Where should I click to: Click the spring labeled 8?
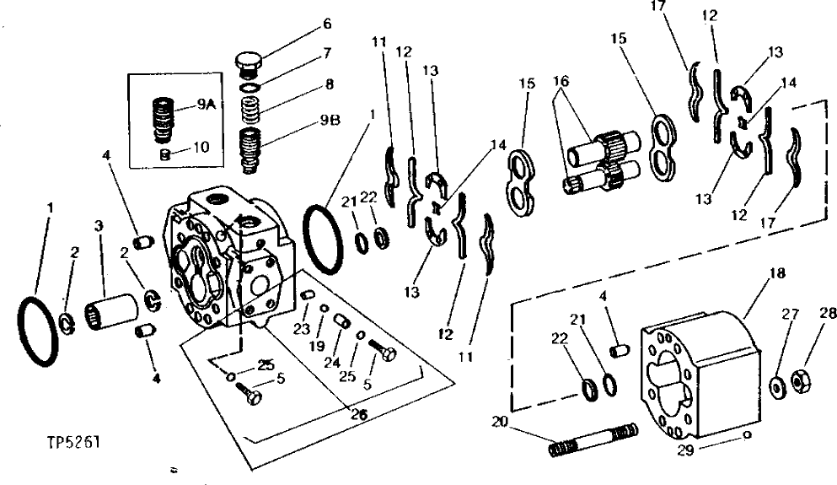tap(250, 109)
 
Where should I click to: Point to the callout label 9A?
tap(207, 105)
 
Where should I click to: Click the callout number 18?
tap(774, 273)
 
